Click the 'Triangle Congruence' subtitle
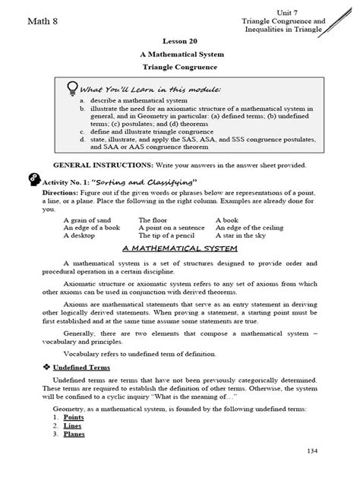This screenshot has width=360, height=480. (x=179, y=68)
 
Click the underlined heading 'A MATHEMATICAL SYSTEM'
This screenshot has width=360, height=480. (x=179, y=249)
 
